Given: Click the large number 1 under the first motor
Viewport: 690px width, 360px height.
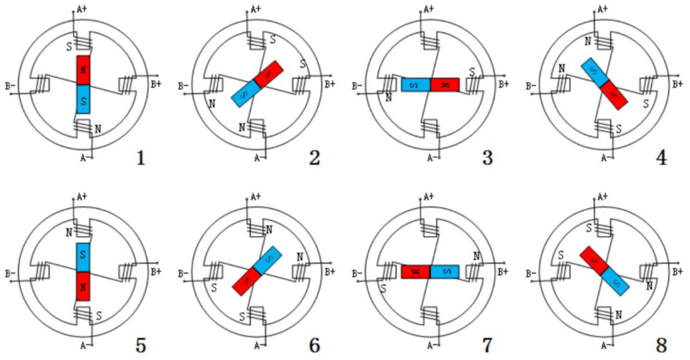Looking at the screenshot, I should coord(140,156).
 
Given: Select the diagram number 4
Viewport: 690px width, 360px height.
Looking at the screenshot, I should coord(661,156).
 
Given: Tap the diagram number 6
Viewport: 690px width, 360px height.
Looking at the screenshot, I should coord(314,345).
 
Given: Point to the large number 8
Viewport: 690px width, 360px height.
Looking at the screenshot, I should coord(661,345).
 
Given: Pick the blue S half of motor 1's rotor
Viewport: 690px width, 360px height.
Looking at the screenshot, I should coord(83,99).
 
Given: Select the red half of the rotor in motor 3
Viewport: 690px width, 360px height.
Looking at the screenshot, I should coord(445,85).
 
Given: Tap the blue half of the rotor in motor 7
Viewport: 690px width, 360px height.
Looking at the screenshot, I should coord(445,271).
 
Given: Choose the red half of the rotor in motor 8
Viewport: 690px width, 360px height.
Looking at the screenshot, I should coord(594,259).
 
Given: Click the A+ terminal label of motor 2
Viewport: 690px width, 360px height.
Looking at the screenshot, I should coord(255,9).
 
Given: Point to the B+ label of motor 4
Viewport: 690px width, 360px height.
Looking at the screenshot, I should coord(677,84).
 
